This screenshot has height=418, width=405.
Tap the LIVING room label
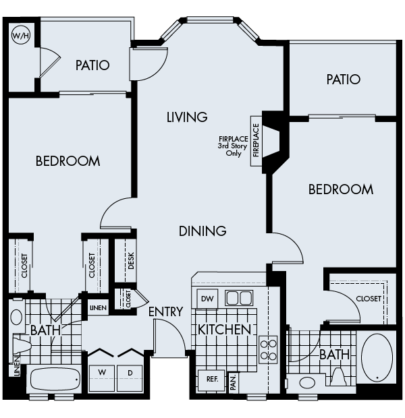click(x=187, y=117)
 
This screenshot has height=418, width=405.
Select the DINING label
click(x=202, y=231)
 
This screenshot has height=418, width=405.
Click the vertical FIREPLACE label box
click(x=256, y=140)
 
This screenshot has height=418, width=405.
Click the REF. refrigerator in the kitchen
click(x=211, y=380)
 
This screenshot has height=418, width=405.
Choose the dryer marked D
click(x=129, y=373)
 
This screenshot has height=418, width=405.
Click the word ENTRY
click(x=165, y=311)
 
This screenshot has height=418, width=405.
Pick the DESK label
click(x=130, y=261)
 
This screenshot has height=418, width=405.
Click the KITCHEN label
click(x=224, y=330)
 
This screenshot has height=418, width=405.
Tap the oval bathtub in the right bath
click(x=377, y=357)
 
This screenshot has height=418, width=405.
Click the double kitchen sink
click(x=238, y=298)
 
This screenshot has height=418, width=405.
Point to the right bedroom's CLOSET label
click(x=368, y=299)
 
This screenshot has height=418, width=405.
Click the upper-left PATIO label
click(x=92, y=65)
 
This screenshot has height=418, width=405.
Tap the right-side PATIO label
click(x=344, y=80)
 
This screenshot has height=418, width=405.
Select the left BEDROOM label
click(x=67, y=161)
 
